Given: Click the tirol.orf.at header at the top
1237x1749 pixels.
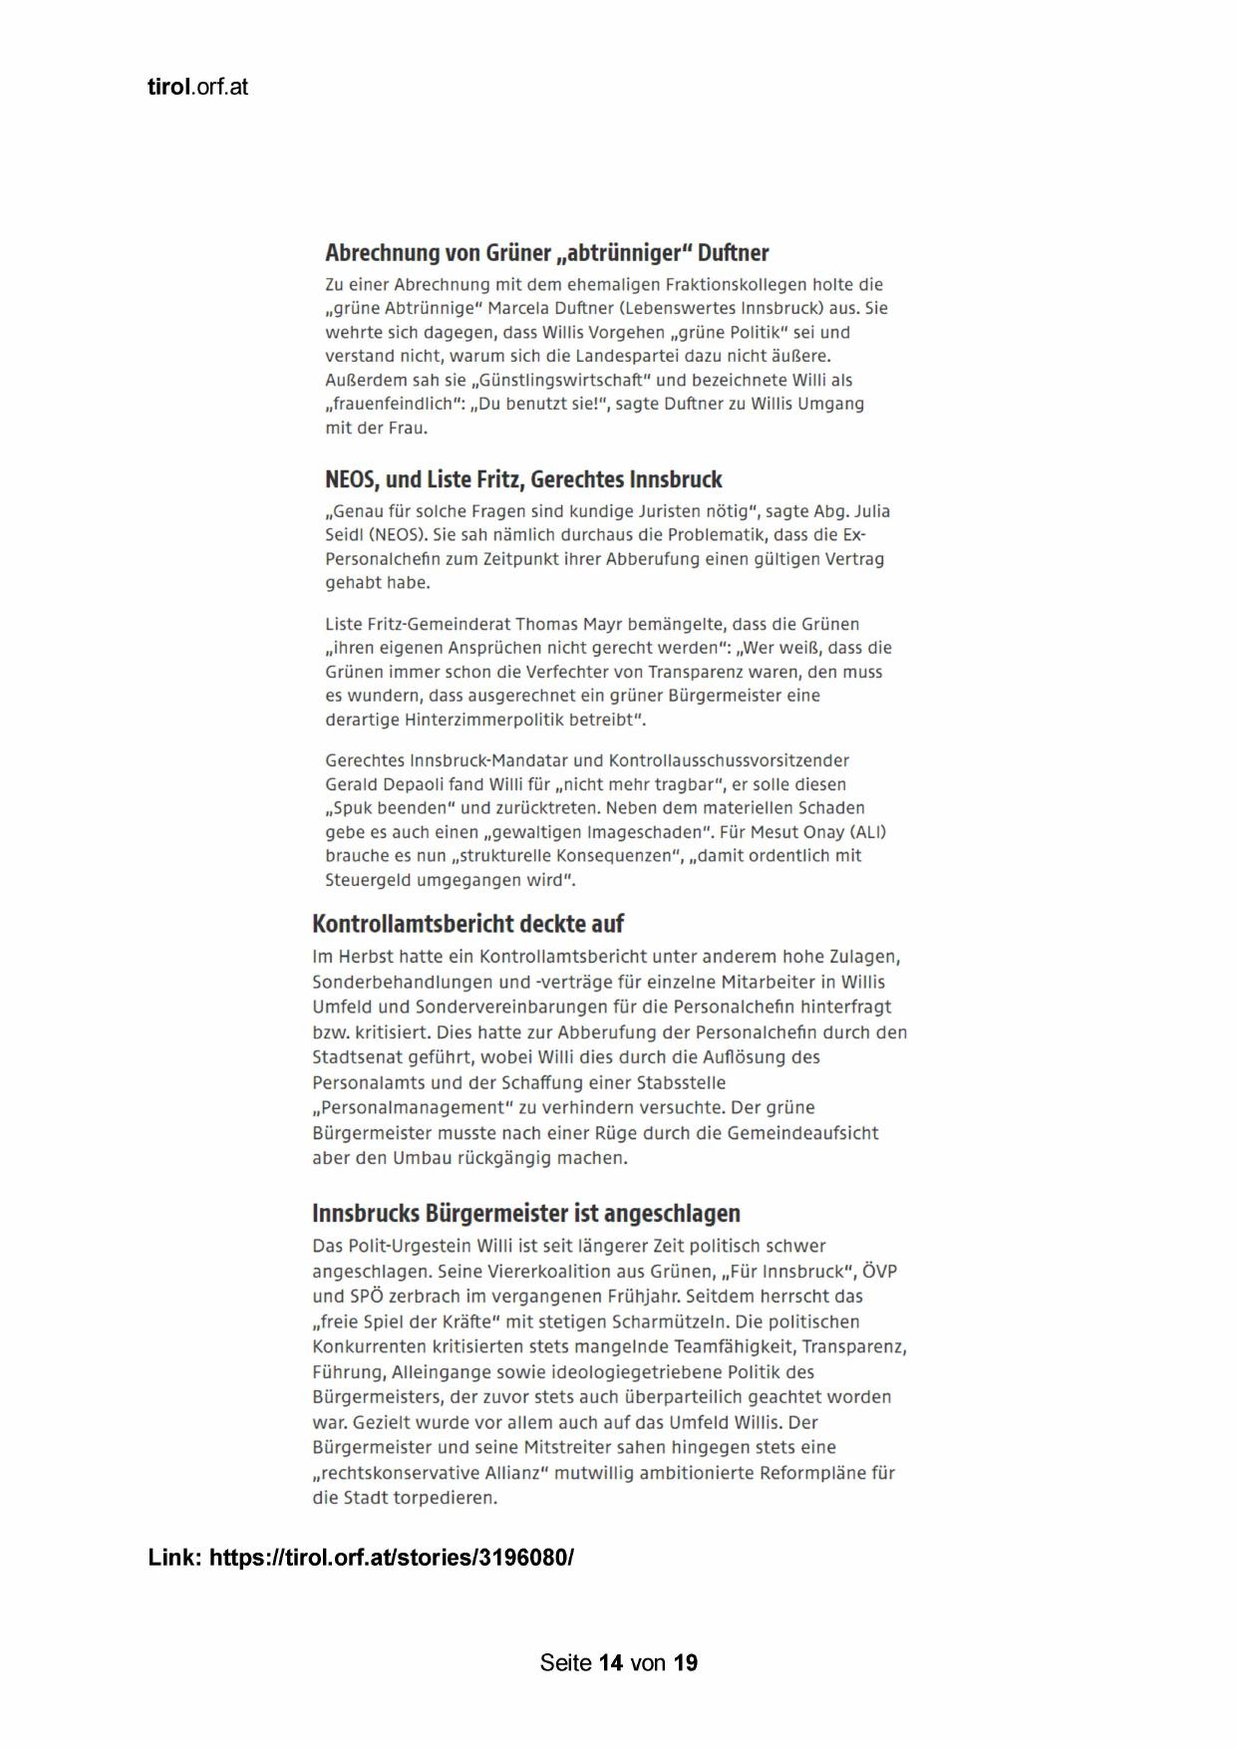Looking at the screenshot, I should click(197, 87).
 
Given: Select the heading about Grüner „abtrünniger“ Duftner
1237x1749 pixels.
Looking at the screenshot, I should click(546, 252).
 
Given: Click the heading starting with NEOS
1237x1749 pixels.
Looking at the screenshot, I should click(523, 479).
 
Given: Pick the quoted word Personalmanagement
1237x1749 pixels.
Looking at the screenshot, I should click(412, 1107).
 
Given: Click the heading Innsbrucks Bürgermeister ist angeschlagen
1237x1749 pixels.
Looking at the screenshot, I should click(525, 1214).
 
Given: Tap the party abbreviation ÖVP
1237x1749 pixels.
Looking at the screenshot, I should click(879, 1272).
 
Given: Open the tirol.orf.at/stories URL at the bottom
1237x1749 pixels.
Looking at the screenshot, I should click(391, 1557).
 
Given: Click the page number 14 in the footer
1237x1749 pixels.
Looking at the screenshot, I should click(611, 1662).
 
